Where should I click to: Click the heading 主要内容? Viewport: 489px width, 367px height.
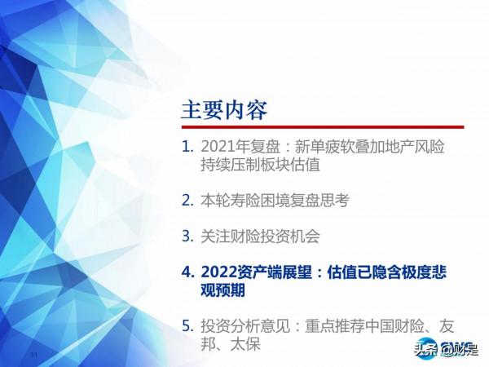pos(223,109)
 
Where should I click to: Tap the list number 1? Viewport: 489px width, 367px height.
pos(187,148)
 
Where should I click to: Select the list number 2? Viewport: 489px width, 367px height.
pos(187,199)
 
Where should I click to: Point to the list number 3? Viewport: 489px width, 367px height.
pos(187,237)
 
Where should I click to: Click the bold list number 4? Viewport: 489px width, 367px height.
pos(187,272)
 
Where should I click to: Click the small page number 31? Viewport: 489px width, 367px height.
pos(33,356)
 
